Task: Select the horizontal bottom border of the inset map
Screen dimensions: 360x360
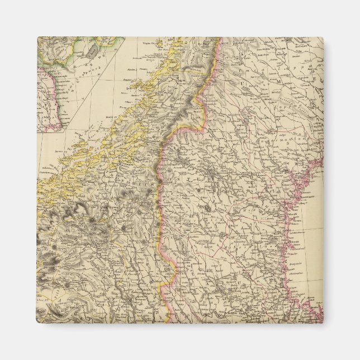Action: pyautogui.click(x=50, y=131)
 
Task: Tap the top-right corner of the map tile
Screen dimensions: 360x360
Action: pyautogui.click(x=323, y=37)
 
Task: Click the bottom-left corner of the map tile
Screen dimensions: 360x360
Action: pyautogui.click(x=37, y=323)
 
